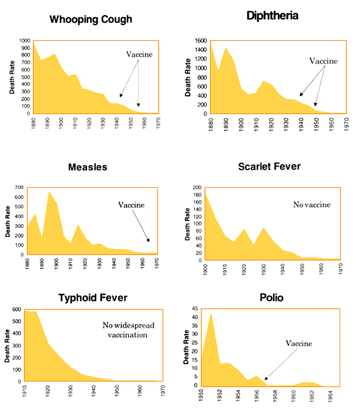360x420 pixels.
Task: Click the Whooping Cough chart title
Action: point(90,19)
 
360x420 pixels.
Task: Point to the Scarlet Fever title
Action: point(270,166)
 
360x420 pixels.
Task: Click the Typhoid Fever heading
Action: point(93,298)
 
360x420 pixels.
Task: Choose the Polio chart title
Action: point(271,297)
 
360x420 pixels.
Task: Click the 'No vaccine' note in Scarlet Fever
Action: point(312,205)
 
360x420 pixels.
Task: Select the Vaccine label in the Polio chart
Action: point(299,344)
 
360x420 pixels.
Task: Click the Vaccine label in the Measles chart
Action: point(131,205)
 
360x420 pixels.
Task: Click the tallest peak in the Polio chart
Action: point(211,314)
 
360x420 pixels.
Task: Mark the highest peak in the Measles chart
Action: point(50,192)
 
